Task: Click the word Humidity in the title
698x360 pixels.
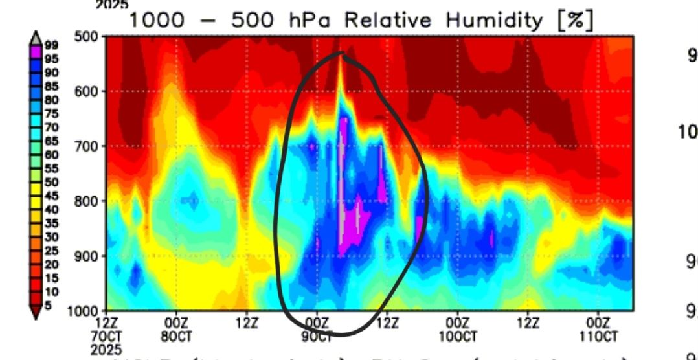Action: (x=493, y=20)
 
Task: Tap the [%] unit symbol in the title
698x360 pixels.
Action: (x=571, y=20)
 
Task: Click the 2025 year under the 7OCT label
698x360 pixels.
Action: (x=107, y=350)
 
